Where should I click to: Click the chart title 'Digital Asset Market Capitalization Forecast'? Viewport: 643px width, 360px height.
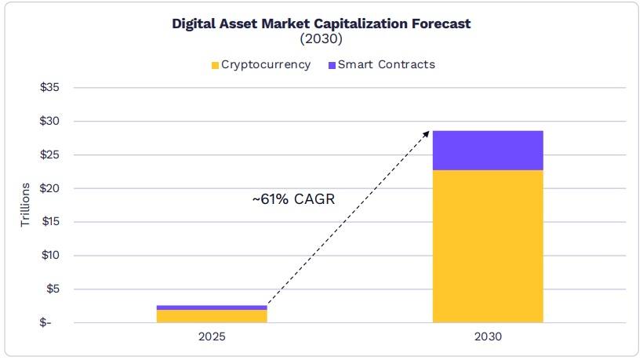[x=321, y=24]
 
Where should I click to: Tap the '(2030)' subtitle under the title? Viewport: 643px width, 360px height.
[x=321, y=38]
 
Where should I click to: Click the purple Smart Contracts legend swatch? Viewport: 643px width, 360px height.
[x=330, y=65]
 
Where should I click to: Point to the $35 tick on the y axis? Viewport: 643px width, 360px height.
[x=50, y=88]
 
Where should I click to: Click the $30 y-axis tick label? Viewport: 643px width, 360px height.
[x=50, y=122]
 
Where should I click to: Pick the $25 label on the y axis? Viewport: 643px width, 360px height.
[x=50, y=155]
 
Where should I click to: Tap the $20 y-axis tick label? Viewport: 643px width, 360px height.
[x=50, y=188]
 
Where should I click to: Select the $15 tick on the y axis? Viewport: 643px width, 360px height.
[x=50, y=222]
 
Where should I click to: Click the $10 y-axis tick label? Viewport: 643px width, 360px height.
[x=50, y=256]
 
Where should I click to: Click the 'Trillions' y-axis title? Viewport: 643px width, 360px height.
[x=25, y=205]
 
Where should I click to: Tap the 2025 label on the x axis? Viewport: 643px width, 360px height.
[x=212, y=338]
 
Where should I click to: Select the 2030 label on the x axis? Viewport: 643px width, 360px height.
[x=488, y=338]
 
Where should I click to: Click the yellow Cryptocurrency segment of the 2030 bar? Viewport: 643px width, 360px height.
[x=488, y=246]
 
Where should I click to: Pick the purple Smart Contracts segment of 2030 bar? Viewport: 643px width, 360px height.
[x=488, y=151]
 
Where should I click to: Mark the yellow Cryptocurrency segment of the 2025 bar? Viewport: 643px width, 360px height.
[x=212, y=316]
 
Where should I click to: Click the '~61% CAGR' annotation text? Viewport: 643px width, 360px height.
[x=293, y=200]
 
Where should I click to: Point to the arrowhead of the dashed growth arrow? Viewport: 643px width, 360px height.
[x=427, y=133]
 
